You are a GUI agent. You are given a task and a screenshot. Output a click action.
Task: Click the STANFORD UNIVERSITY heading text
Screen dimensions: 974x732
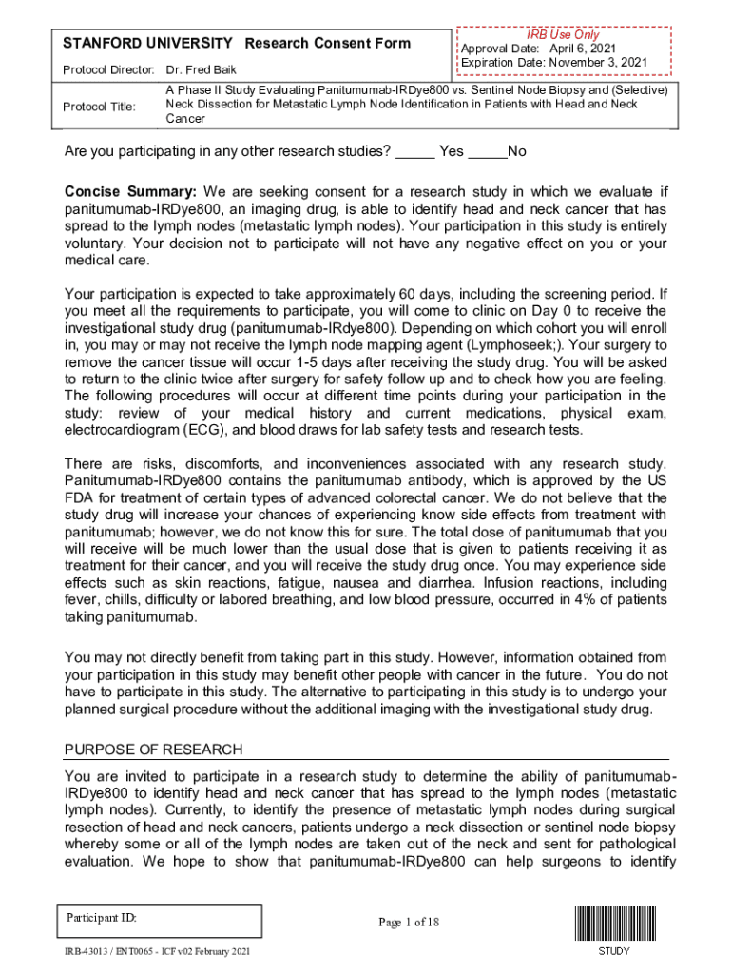[147, 43]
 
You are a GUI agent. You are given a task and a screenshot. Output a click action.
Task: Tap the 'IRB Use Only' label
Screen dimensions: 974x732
[566, 34]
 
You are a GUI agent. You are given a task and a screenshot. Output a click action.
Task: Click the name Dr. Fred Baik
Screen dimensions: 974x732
[202, 70]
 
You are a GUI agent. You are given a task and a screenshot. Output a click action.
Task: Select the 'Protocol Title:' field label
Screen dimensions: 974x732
[99, 107]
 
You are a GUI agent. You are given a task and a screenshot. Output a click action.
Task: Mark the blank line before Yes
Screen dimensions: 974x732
[414, 151]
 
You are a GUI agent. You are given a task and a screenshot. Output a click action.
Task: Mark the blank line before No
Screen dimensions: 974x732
[488, 151]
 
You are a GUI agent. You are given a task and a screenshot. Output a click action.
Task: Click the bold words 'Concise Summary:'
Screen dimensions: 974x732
[129, 191]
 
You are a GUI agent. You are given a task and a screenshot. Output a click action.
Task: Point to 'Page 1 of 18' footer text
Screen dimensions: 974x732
[408, 922]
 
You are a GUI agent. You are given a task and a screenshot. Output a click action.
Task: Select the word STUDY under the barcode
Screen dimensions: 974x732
[614, 951]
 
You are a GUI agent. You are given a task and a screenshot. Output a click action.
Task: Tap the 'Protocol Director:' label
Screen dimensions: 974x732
[108, 70]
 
